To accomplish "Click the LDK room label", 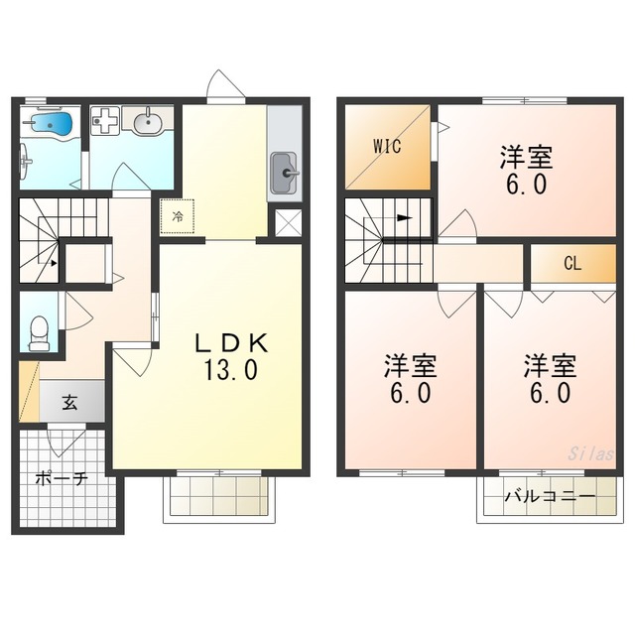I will coord(230,342).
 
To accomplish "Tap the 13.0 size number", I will coord(231,371).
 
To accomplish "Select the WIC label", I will coord(387,147).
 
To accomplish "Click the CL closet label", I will coord(571,264).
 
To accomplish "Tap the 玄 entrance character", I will coord(71,403).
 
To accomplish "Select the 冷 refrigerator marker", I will coord(178,215).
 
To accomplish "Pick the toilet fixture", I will coord(39,331).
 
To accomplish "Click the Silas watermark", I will coord(589,451).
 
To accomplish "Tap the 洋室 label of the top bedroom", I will coord(526,157).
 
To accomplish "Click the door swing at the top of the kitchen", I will coord(226,86).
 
